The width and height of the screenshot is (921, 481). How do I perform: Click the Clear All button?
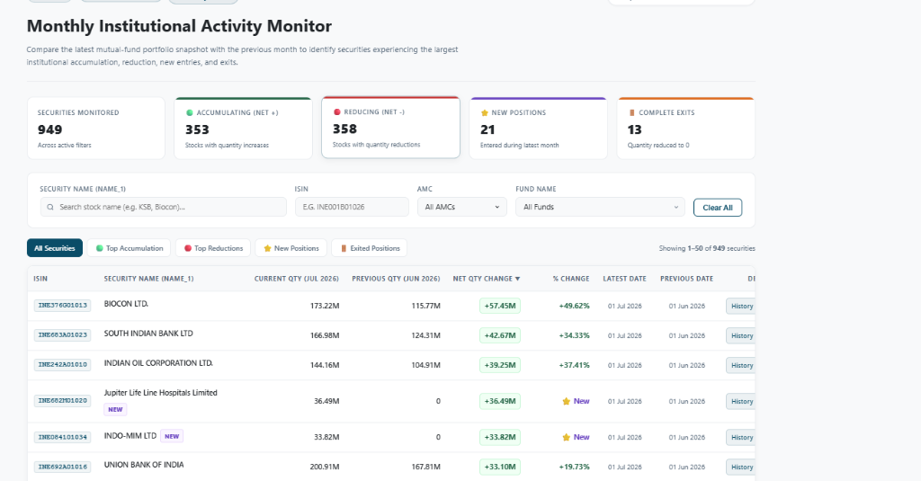click(717, 208)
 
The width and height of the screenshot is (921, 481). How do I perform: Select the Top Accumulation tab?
click(130, 248)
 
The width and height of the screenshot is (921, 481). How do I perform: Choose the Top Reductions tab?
click(213, 248)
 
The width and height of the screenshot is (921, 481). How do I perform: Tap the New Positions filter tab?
click(291, 248)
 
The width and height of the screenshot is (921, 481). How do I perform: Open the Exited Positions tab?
click(370, 248)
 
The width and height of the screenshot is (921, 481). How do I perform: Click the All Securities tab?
click(55, 248)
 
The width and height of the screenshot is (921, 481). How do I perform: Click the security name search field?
click(164, 207)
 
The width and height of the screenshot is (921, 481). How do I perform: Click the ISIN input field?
click(352, 207)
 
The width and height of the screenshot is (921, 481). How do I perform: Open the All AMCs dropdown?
click(461, 207)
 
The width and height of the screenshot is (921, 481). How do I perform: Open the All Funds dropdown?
click(600, 207)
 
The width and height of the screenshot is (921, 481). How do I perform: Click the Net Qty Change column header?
click(487, 279)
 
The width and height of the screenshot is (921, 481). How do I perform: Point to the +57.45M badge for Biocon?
click(500, 306)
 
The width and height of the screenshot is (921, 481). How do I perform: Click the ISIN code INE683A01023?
click(62, 335)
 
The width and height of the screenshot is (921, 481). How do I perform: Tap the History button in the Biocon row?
click(741, 306)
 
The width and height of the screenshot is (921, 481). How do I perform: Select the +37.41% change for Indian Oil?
click(574, 365)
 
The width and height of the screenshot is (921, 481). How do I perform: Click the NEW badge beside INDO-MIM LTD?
click(172, 436)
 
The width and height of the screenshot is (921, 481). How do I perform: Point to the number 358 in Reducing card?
click(344, 129)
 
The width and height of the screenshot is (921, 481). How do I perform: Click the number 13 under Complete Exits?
click(634, 129)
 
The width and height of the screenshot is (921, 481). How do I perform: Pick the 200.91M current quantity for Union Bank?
click(324, 467)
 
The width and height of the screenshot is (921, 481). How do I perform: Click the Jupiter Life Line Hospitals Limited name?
click(160, 393)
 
